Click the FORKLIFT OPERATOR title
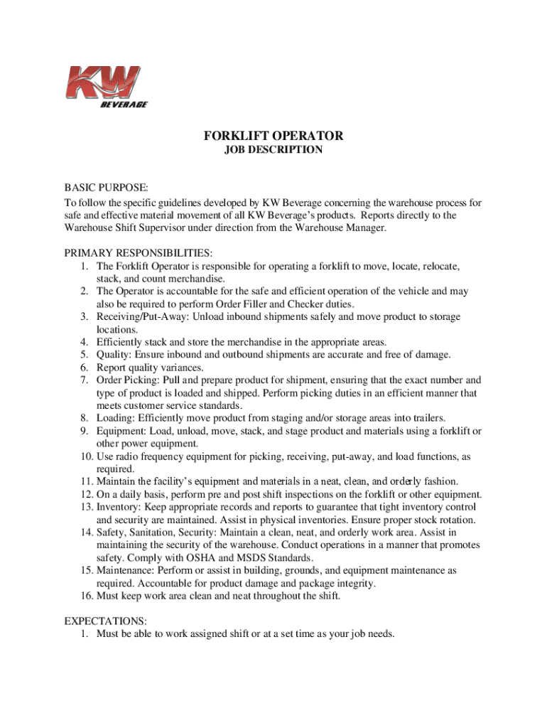coord(273,136)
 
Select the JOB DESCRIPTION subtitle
coord(273,150)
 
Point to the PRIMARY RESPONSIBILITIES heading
coord(139,253)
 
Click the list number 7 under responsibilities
coord(83,380)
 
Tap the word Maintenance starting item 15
coord(125,571)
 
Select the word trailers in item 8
coord(426,419)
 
